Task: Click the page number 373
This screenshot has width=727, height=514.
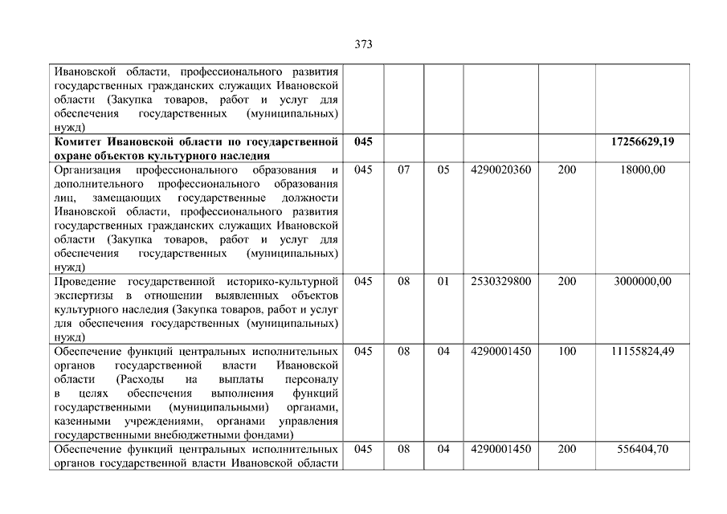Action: pyautogui.click(x=363, y=45)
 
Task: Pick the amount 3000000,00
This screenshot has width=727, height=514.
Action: pyautogui.click(x=642, y=281)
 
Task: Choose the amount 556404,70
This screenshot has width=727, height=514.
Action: pyautogui.click(x=643, y=449)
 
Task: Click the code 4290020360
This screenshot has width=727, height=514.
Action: pyautogui.click(x=501, y=169)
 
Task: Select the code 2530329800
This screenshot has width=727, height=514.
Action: pyautogui.click(x=501, y=281)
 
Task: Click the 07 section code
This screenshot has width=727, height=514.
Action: pyautogui.click(x=404, y=169)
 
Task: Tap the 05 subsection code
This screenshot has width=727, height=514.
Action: pyautogui.click(x=443, y=169)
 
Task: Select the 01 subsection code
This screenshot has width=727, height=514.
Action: pyautogui.click(x=443, y=281)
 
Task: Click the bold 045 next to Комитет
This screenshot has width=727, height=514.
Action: pyautogui.click(x=363, y=141)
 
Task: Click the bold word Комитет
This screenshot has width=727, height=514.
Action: pyautogui.click(x=80, y=142)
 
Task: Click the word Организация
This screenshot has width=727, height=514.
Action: pyautogui.click(x=88, y=170)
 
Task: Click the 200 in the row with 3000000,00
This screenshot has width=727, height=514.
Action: pyautogui.click(x=566, y=281)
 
